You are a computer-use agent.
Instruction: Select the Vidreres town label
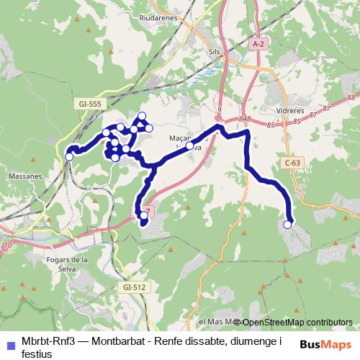(290, 112)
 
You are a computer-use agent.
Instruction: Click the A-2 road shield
(258, 44)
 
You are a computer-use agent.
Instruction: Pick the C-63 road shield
(292, 163)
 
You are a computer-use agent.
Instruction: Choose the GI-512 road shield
(134, 287)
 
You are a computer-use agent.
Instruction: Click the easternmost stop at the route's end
(288, 225)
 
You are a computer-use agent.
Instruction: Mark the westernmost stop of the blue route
(69, 157)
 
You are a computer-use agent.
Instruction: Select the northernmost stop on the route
(142, 116)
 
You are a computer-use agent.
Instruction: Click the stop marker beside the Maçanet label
(189, 145)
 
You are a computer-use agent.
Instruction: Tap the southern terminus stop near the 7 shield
(144, 215)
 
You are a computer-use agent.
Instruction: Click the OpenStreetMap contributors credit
(296, 322)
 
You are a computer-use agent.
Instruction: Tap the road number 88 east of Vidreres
(351, 96)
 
